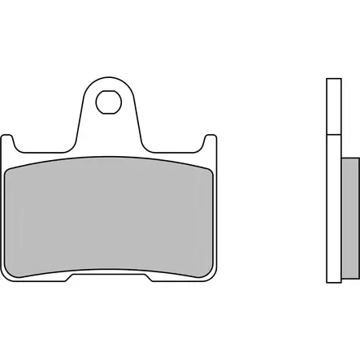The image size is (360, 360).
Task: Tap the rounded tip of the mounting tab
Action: (107, 79)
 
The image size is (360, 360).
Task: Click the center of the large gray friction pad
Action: (111, 216)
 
